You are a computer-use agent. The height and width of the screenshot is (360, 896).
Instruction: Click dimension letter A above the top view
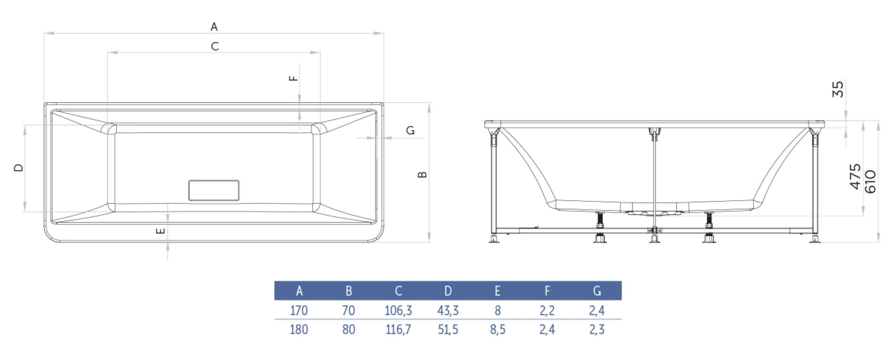coord(214,27)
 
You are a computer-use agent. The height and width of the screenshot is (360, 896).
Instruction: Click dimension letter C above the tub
coord(215,46)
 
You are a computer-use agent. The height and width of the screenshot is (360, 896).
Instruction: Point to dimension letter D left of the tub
coord(19,167)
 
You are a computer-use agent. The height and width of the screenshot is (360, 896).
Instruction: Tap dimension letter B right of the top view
coord(423,175)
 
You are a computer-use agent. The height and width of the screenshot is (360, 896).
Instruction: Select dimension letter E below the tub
coord(161,231)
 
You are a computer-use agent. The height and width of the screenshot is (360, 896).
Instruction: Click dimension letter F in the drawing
coord(293,78)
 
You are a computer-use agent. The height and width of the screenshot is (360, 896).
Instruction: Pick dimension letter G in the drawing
coord(410,130)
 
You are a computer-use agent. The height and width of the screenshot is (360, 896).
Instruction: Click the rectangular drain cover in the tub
coord(214,190)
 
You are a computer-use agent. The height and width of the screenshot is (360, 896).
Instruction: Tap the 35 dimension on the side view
coord(838,89)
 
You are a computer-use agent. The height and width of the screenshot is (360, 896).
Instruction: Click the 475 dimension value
coord(855,176)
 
